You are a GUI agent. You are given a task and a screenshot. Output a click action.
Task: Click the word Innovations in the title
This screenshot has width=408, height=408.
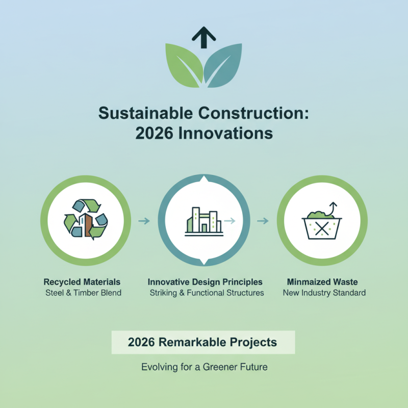tap(230, 133)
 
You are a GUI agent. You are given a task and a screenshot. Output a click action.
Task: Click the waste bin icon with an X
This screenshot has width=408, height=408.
tap(322, 224)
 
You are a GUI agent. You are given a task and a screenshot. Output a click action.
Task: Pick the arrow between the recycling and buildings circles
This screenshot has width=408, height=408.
tap(144, 221)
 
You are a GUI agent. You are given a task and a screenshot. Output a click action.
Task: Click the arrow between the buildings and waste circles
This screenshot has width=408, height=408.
tap(263, 221)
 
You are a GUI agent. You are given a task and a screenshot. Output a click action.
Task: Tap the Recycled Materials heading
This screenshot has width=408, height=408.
tap(82, 282)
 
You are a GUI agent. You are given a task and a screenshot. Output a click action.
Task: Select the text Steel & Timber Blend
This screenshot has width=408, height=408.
tap(82, 293)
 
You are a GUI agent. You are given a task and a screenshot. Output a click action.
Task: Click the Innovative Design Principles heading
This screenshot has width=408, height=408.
tap(205, 282)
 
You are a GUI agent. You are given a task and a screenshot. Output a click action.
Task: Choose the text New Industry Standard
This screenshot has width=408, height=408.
tap(324, 293)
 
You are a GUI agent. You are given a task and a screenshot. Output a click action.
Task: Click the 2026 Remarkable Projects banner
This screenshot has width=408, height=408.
tap(203, 342)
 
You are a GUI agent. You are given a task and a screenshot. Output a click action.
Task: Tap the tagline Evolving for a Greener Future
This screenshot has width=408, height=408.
tap(205, 367)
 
